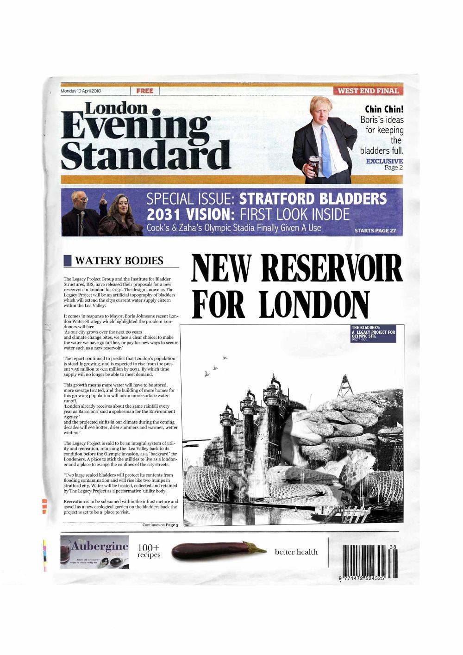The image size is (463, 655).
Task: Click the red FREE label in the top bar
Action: [x=145, y=91]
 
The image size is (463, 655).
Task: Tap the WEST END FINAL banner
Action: [x=368, y=91]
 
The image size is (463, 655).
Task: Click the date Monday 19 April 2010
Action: [x=81, y=91]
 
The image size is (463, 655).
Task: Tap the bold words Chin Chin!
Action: [x=385, y=109]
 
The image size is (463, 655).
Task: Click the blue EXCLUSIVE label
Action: [x=384, y=161]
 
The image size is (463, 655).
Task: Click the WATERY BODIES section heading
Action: [x=119, y=261]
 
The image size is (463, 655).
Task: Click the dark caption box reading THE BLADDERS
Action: [x=373, y=333]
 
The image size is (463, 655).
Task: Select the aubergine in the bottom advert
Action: [x=217, y=551]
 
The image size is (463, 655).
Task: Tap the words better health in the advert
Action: [x=296, y=552]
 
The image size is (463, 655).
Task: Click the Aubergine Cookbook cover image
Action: [x=94, y=552]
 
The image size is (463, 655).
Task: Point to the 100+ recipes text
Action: [x=149, y=551]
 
